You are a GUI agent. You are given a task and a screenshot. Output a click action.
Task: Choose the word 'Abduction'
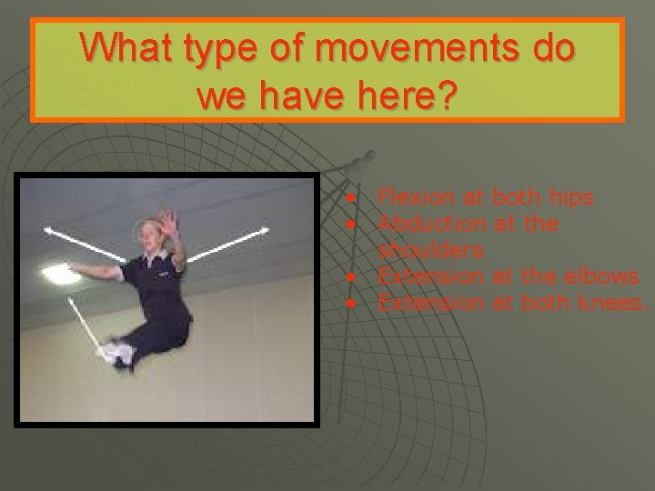coord(433,223)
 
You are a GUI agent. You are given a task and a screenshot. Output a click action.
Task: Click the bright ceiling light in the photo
coord(55,272)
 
